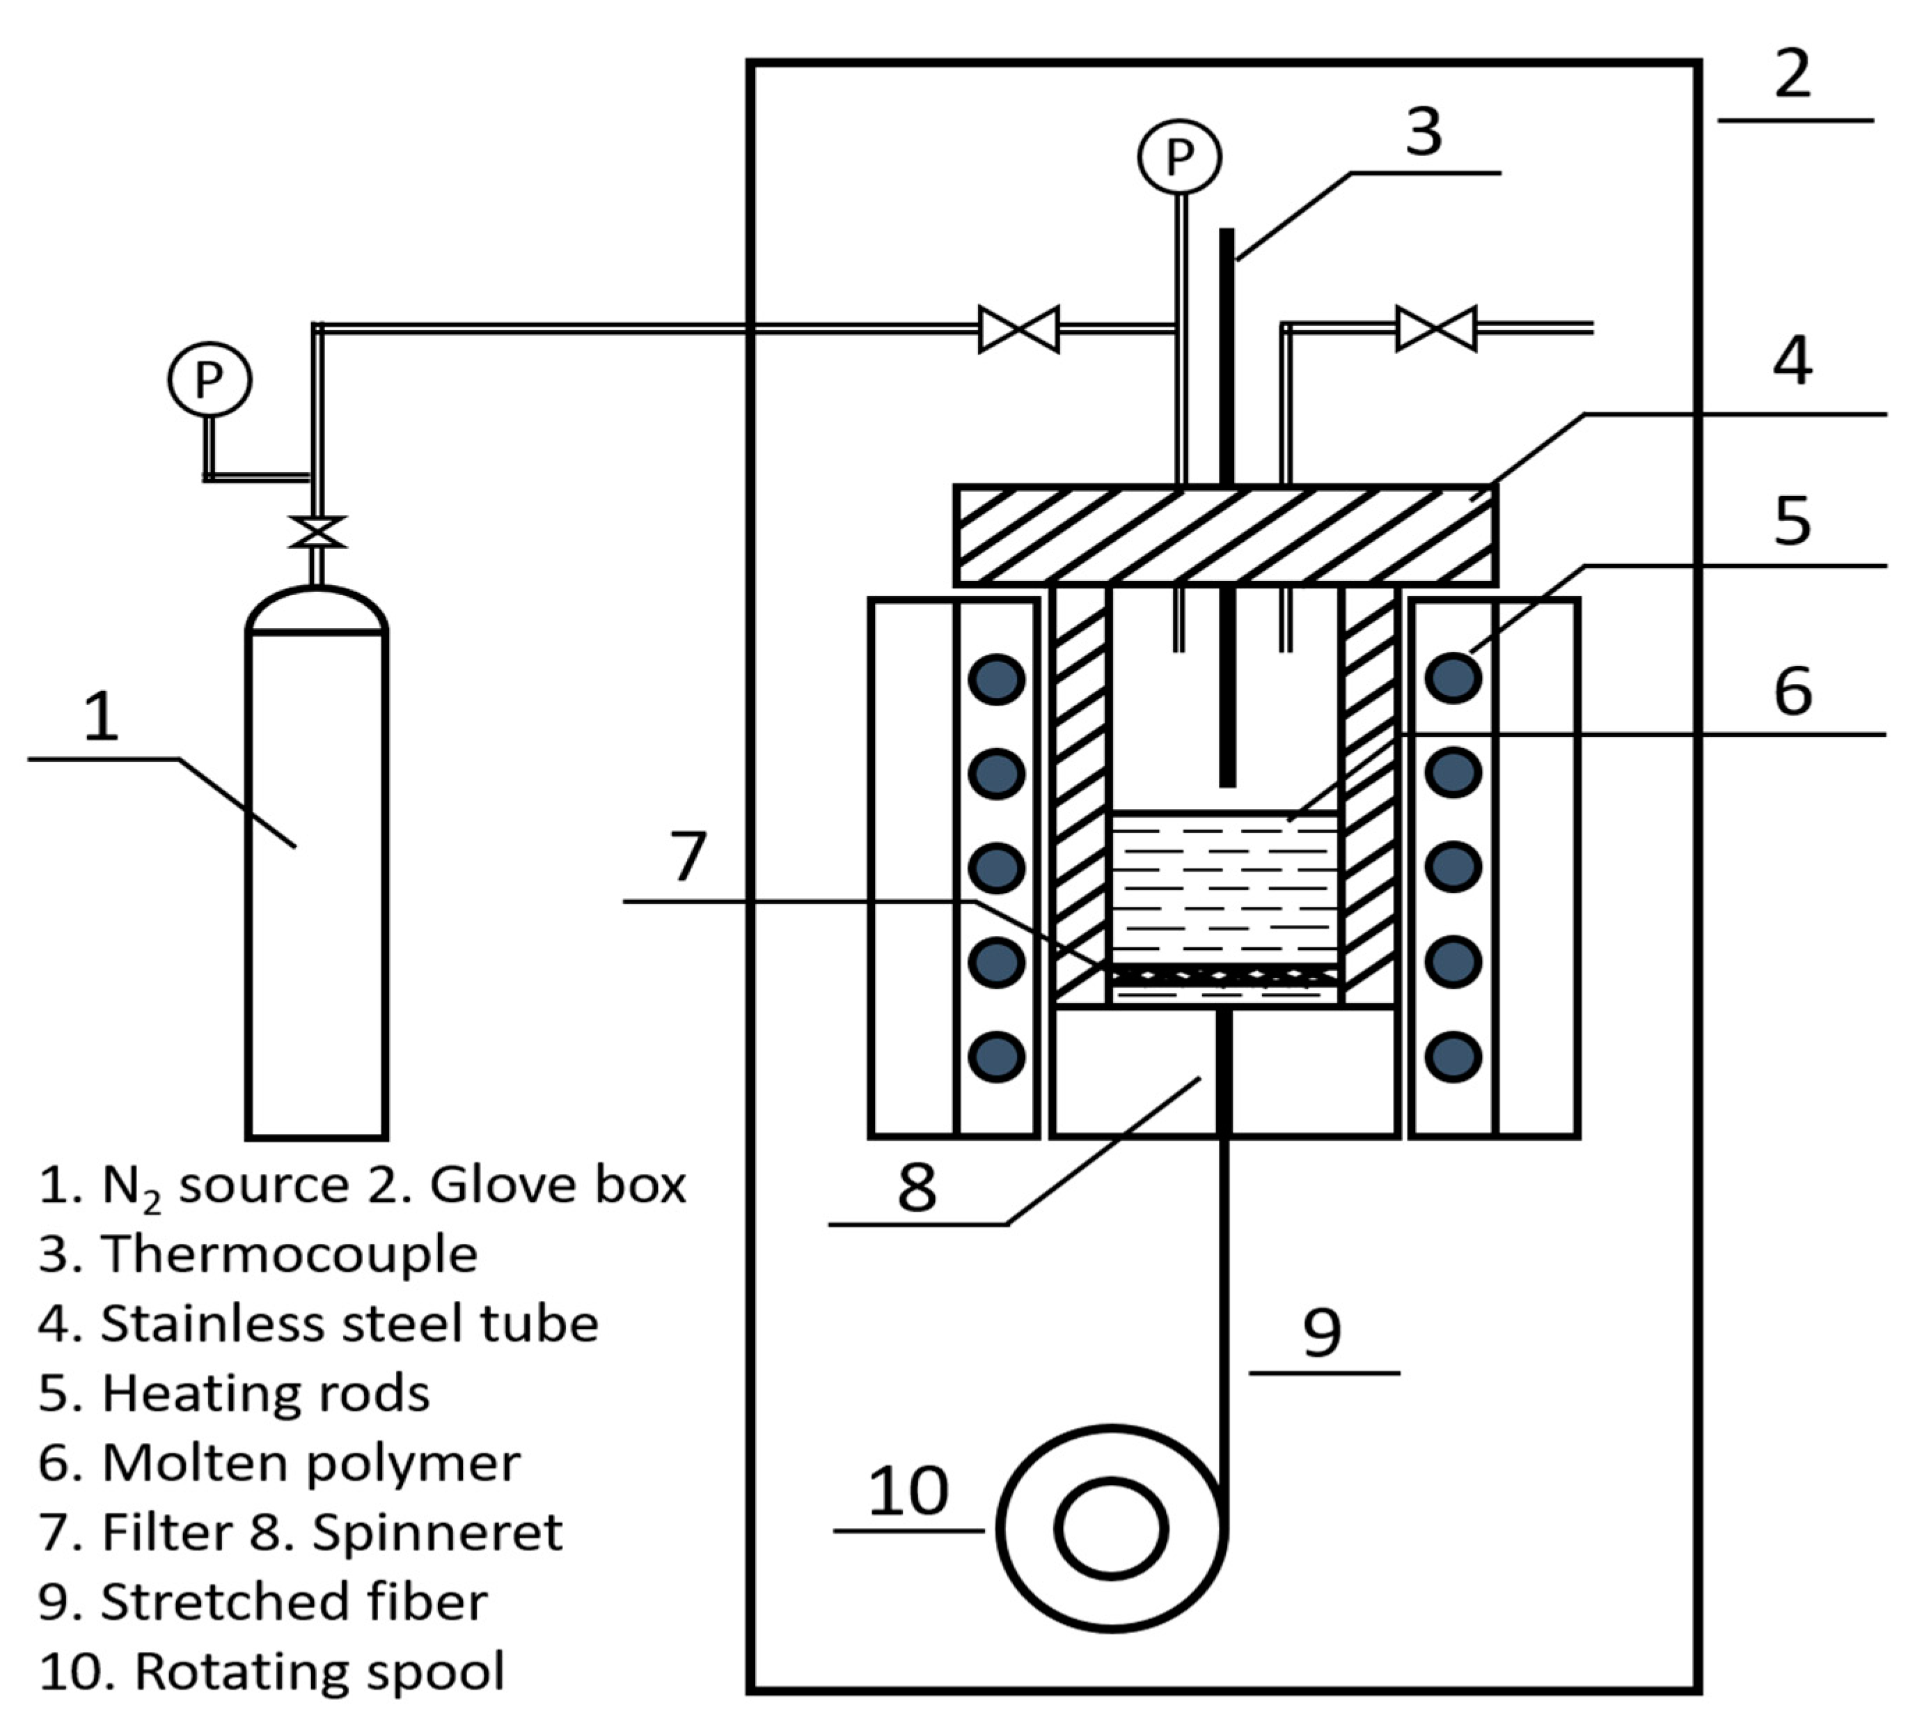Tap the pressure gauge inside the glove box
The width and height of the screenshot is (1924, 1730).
tap(1179, 157)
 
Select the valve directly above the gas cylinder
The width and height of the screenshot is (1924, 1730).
tap(317, 532)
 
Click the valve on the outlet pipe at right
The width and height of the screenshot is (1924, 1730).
tap(1435, 329)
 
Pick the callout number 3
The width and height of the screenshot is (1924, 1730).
tap(1424, 131)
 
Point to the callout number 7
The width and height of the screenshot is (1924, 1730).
tap(688, 855)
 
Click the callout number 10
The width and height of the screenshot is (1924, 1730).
tap(908, 1490)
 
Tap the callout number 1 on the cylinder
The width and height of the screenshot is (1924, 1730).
tap(102, 717)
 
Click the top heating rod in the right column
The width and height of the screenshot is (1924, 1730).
tap(1453, 678)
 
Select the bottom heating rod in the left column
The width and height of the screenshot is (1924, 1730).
tap(995, 1057)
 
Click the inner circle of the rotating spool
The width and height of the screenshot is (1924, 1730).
tap(1111, 1529)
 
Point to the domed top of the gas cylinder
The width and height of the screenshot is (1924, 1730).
tap(317, 609)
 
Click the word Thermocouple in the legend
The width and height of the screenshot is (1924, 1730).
tap(290, 1254)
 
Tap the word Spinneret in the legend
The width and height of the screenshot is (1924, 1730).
tap(437, 1532)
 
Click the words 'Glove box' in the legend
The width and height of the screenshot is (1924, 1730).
tap(558, 1185)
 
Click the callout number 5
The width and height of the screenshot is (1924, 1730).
tap(1792, 521)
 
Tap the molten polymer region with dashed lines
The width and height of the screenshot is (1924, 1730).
tap(1224, 889)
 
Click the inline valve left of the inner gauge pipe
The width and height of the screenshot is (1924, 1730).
tap(1018, 329)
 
